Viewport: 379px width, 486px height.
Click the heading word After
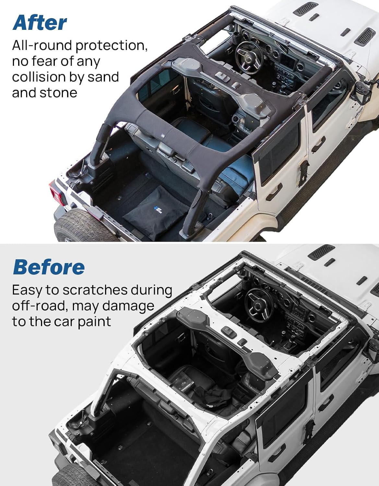(40, 23)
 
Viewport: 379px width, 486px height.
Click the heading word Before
(49, 267)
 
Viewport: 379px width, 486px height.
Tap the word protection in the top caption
(111, 46)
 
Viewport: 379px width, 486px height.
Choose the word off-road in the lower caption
(40, 306)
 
